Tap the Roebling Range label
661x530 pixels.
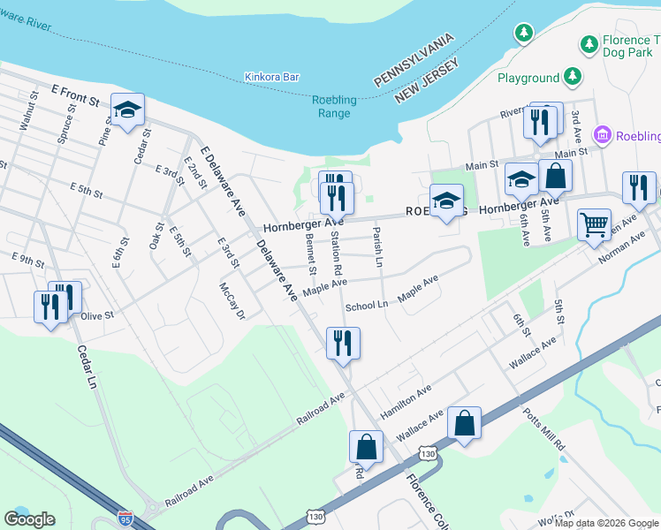(x=334, y=106)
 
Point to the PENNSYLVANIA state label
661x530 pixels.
(x=414, y=60)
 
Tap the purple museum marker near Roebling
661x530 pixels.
(x=604, y=135)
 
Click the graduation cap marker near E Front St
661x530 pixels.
(x=127, y=110)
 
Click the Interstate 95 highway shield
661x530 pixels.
(x=125, y=516)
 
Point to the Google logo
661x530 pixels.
(x=29, y=519)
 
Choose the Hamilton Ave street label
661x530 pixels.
(x=406, y=393)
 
